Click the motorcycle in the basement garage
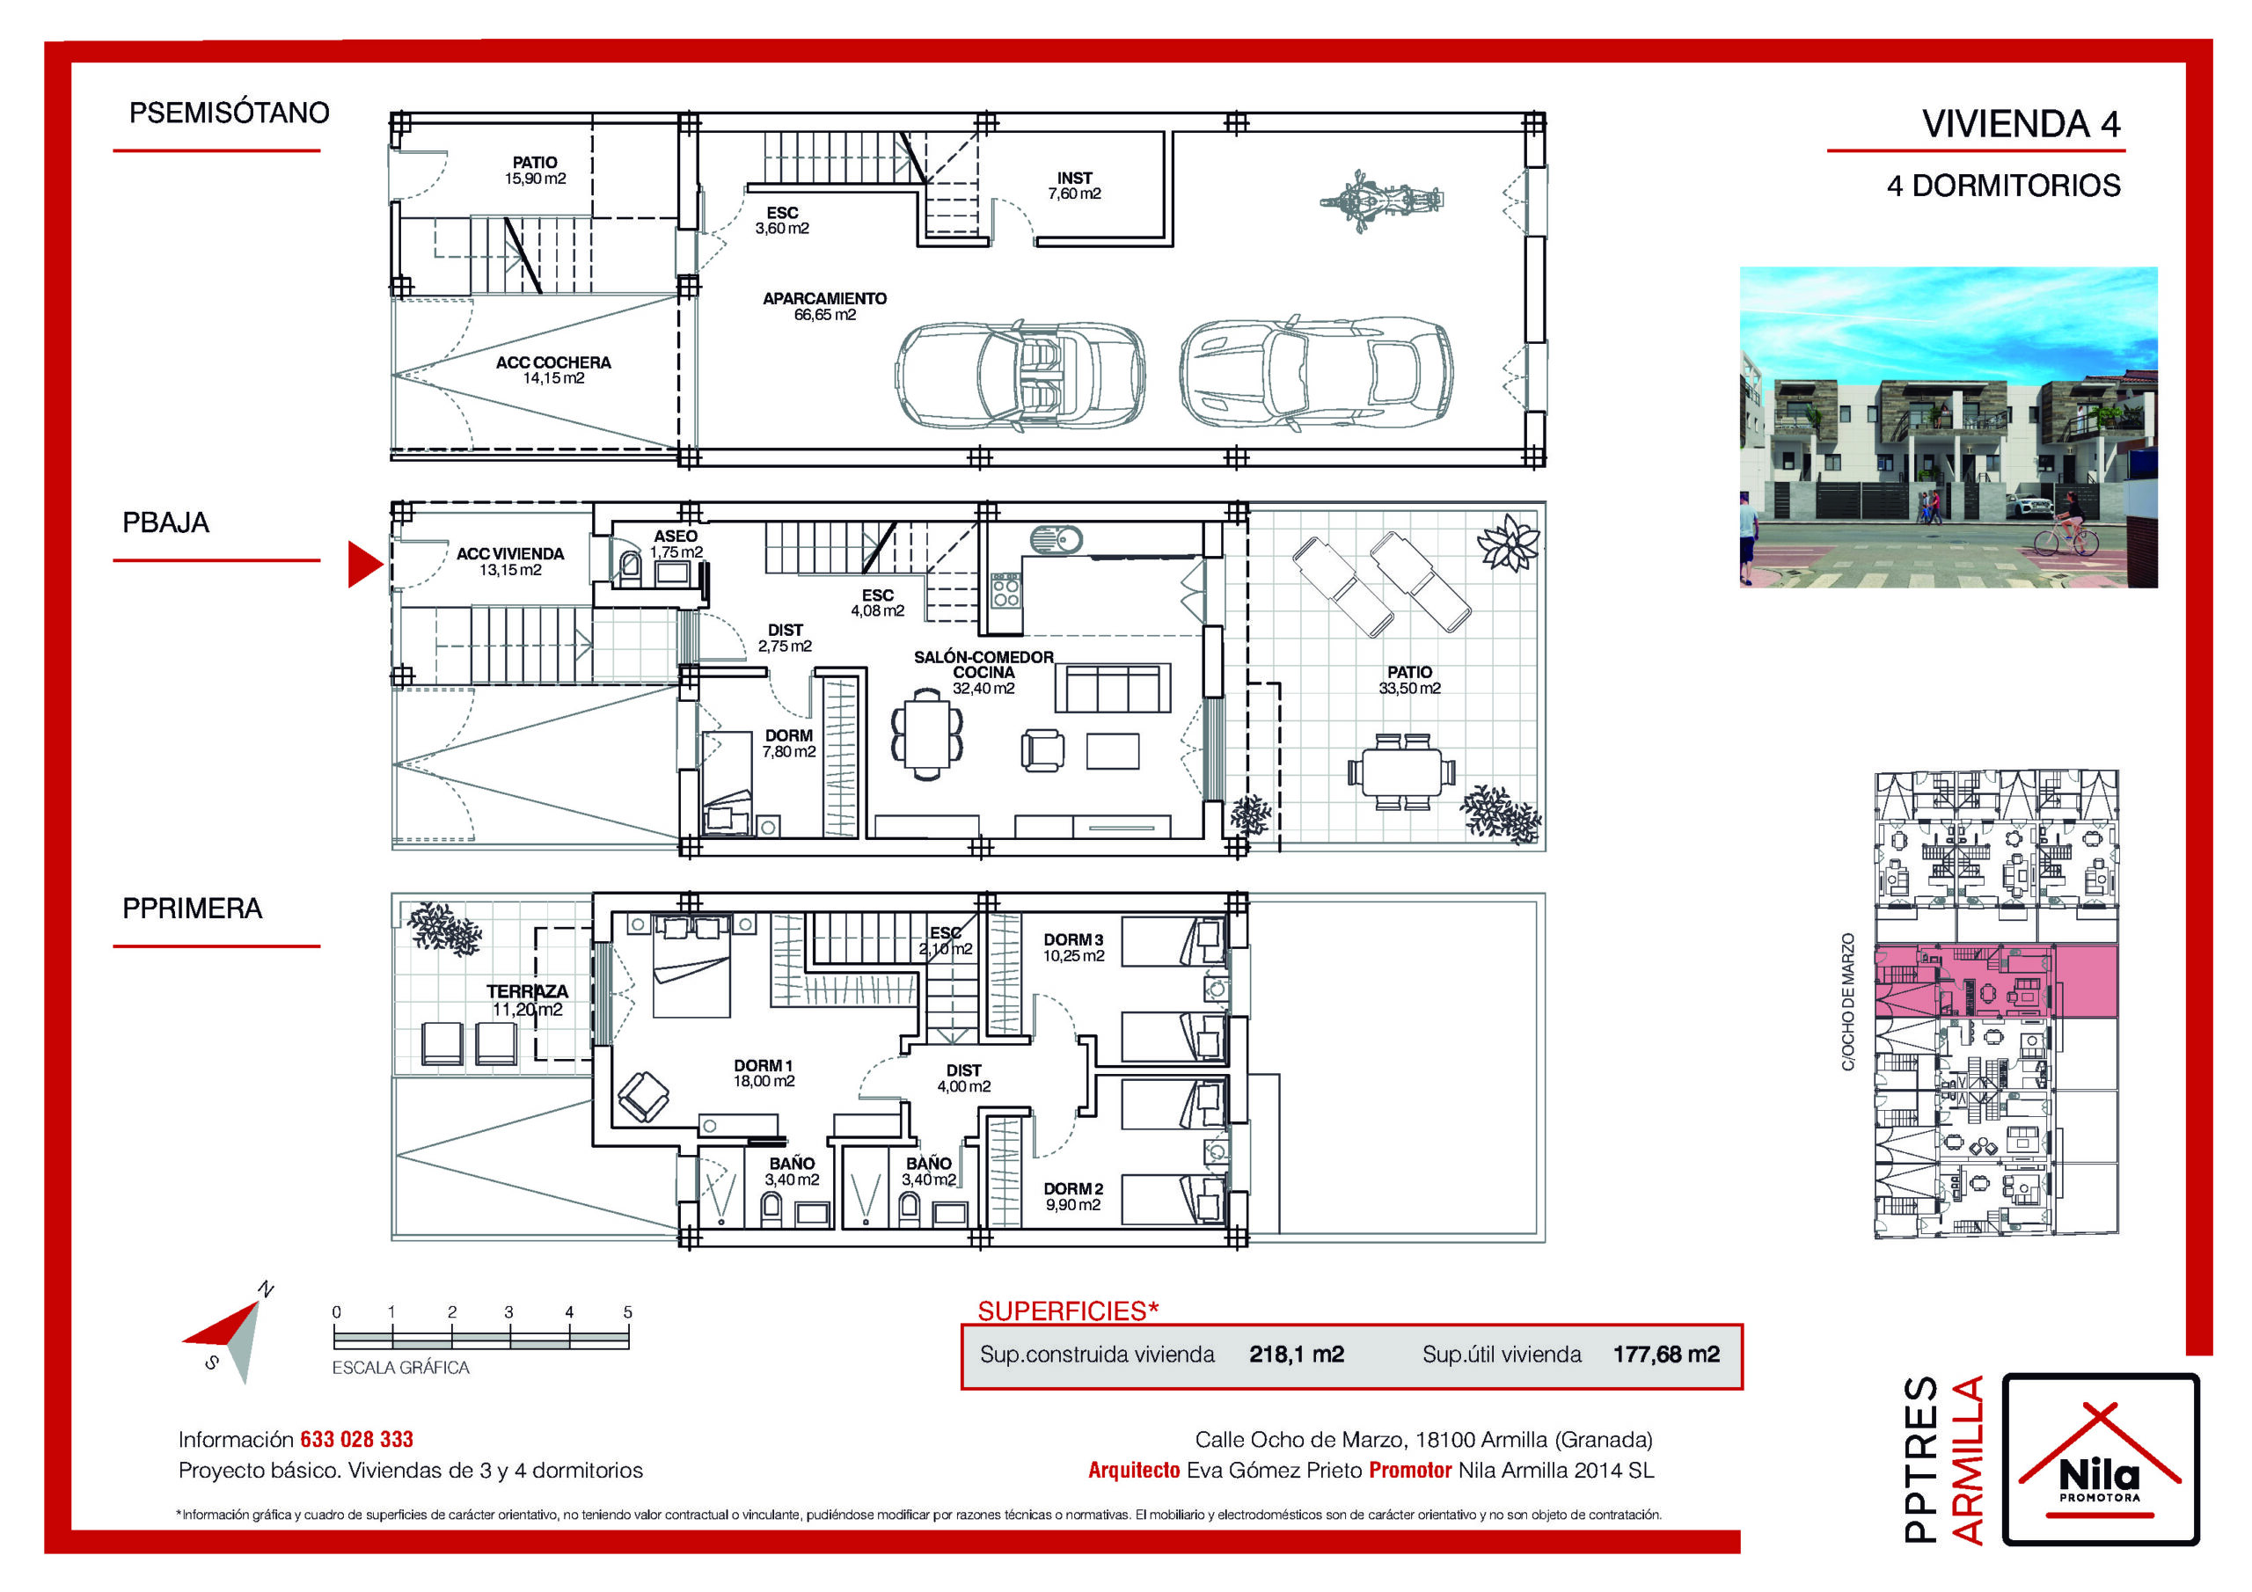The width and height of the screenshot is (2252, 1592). click(1381, 201)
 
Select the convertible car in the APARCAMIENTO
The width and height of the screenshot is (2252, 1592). click(1020, 375)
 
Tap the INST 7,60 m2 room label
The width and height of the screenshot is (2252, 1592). click(1074, 186)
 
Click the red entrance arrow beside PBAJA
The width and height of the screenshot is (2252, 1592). click(365, 564)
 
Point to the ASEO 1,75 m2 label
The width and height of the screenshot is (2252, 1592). click(676, 544)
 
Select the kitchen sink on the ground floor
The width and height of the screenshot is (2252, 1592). click(1057, 538)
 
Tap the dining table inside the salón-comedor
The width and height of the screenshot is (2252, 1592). click(927, 734)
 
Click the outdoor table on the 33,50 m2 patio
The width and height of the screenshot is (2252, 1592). click(1400, 771)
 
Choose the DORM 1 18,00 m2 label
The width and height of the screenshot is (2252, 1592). click(764, 1072)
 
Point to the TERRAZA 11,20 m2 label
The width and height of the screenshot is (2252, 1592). click(527, 999)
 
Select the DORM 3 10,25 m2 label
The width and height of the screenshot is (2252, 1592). click(1073, 946)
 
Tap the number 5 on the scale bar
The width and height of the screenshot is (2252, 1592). click(628, 1311)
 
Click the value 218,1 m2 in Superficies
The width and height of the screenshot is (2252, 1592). click(1297, 1355)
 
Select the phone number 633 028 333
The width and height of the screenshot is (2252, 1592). click(357, 1439)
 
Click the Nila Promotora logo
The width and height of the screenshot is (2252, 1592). click(2100, 1458)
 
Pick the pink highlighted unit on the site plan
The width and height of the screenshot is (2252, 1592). click(1995, 982)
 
